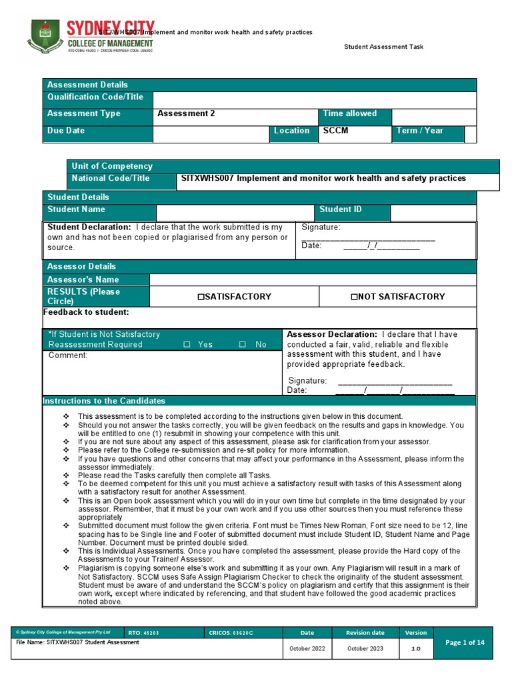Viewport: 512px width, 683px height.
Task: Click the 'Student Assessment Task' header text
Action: click(x=383, y=47)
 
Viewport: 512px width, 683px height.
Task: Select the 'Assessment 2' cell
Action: click(x=186, y=113)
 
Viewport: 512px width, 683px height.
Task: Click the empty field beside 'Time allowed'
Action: click(x=434, y=116)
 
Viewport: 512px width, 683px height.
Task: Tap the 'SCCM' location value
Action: click(x=335, y=131)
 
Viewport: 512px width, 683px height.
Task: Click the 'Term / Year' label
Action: click(x=419, y=131)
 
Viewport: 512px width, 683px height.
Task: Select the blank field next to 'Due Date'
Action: click(x=211, y=133)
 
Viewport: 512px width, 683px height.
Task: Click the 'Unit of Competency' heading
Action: click(x=112, y=166)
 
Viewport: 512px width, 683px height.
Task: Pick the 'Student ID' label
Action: click(x=340, y=209)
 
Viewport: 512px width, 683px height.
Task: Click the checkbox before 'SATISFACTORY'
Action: click(x=200, y=297)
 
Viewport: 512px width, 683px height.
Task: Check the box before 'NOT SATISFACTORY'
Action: click(x=355, y=297)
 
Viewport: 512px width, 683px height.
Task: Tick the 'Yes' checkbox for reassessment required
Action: click(x=187, y=345)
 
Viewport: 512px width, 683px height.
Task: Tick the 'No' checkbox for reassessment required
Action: click(x=243, y=345)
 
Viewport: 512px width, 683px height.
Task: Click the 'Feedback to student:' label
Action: click(x=86, y=312)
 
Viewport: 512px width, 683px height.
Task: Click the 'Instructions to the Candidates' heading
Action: click(x=104, y=401)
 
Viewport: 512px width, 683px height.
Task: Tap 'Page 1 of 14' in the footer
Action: click(x=465, y=642)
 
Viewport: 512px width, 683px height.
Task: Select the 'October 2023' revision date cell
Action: click(x=365, y=649)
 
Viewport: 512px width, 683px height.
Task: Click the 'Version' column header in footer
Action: click(x=416, y=632)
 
